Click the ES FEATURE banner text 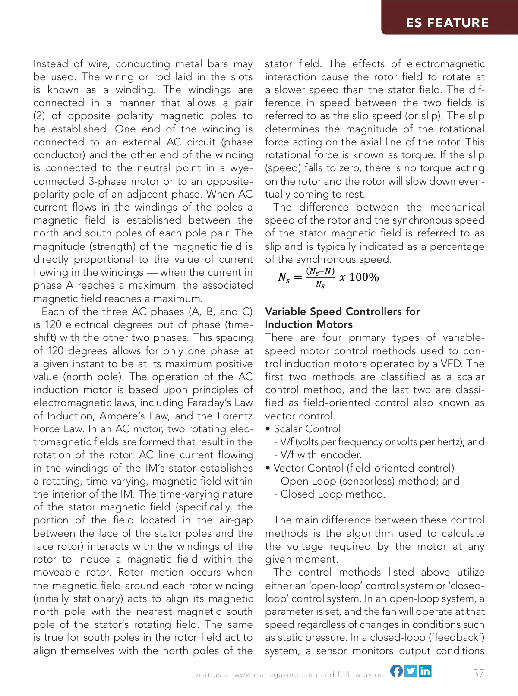click(447, 22)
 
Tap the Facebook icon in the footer click(397, 671)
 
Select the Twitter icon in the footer click(411, 671)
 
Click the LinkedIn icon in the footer click(425, 671)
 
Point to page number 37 click(478, 673)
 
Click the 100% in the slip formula click(364, 277)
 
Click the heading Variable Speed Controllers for click(342, 311)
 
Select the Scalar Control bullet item click(307, 429)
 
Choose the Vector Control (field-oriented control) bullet click(363, 468)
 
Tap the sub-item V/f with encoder click(321, 455)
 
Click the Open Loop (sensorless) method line click(366, 481)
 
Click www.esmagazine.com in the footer click(276, 675)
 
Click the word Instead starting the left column click(51, 64)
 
